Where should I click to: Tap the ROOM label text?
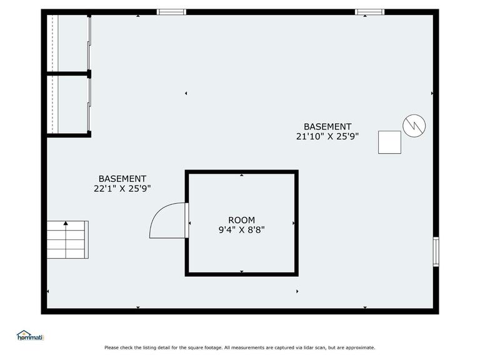(x=241, y=220)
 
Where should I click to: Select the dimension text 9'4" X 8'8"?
(x=241, y=229)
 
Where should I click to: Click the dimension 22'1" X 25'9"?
(x=122, y=189)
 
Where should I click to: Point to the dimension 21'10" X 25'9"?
(x=327, y=136)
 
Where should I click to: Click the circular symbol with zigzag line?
(x=414, y=126)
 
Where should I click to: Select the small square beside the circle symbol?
(x=389, y=142)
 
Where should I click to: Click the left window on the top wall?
(x=171, y=12)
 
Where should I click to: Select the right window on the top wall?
(x=369, y=12)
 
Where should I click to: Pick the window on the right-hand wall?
(x=436, y=252)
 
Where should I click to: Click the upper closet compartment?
(x=67, y=43)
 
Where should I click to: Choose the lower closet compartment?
(x=67, y=104)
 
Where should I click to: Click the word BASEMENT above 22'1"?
(x=122, y=179)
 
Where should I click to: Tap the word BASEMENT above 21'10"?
(x=327, y=126)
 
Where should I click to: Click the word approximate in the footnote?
(x=359, y=347)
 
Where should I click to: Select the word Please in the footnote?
(x=111, y=347)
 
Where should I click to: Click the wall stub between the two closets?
(x=68, y=74)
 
